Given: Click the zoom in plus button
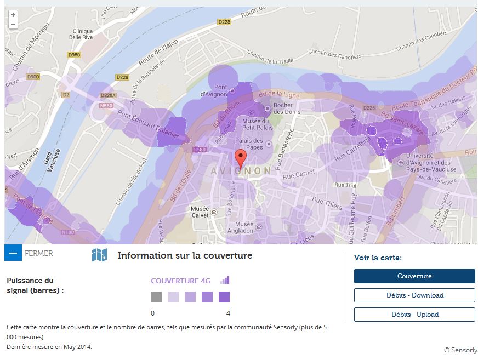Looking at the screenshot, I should pos(13,15).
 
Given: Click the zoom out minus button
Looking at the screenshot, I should pos(13,24).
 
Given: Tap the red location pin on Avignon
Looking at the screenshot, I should pos(240,158).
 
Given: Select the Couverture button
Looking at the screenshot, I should pos(414,276).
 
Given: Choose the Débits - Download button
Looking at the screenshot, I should pos(414,295).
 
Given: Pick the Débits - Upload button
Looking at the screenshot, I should pos(414,315).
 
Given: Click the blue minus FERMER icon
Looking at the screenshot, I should pos(13,253).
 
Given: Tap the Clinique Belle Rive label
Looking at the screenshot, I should pos(82,34).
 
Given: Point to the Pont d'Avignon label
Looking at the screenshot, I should pos(220,90).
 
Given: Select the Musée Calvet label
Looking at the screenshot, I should pos(200,212).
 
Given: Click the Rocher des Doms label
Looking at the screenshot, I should pos(283,108).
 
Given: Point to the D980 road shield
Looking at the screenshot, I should pos(73,55).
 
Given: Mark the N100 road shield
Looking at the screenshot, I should pos(68,232).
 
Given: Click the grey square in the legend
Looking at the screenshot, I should pos(156,297).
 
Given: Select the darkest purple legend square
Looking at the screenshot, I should pos(224,297).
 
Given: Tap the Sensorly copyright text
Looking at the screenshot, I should pos(460,350).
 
